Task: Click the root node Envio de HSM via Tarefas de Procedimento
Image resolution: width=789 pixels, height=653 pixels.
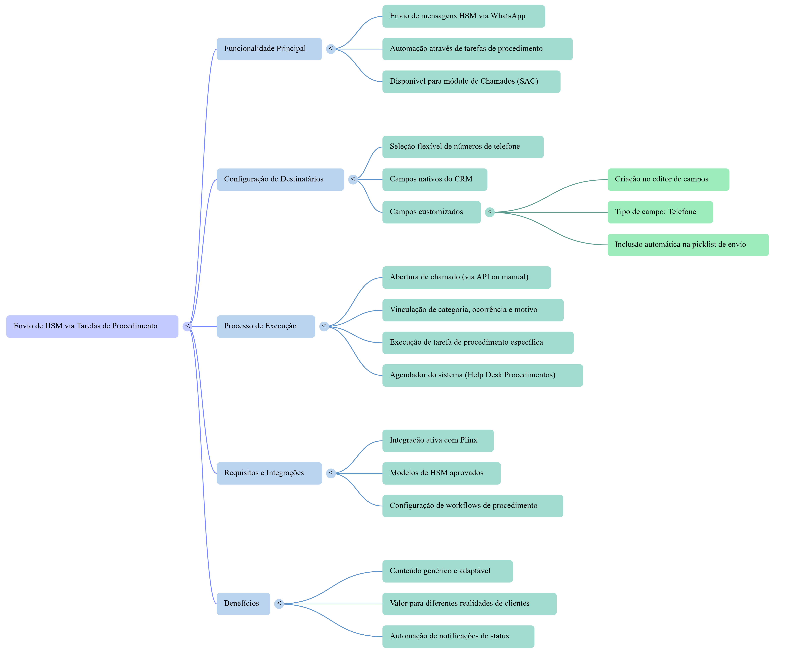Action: coord(92,326)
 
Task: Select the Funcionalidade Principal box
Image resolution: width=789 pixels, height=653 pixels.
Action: coord(269,49)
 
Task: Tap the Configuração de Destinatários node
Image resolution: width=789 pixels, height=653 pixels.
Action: coord(280,179)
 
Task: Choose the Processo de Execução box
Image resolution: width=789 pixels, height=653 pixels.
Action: coord(266,326)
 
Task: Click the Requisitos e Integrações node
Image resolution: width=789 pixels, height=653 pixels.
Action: coord(269,473)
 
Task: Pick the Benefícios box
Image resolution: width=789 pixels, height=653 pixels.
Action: coord(243,603)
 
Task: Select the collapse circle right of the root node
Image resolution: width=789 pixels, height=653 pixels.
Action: coord(187,326)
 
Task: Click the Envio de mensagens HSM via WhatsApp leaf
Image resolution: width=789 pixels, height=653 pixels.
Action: coord(463,16)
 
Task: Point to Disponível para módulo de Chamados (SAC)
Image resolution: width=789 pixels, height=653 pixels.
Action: coord(471,82)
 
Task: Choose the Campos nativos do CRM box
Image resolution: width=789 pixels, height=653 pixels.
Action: coord(434,179)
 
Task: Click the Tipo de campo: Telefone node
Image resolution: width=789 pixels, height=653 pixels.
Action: coord(660,212)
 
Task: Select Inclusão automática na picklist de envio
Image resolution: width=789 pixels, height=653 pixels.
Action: coord(687,245)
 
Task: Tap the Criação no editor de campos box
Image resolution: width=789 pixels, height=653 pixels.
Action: coord(668,179)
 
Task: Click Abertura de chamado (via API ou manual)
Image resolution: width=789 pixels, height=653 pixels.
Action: coord(466,277)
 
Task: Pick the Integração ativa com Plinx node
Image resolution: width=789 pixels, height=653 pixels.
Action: coord(438,440)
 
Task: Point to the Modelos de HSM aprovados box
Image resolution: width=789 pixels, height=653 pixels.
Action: coord(441,473)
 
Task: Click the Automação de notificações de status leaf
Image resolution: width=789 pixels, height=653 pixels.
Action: coord(458,636)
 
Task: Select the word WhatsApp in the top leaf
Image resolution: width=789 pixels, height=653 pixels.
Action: coord(508,16)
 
